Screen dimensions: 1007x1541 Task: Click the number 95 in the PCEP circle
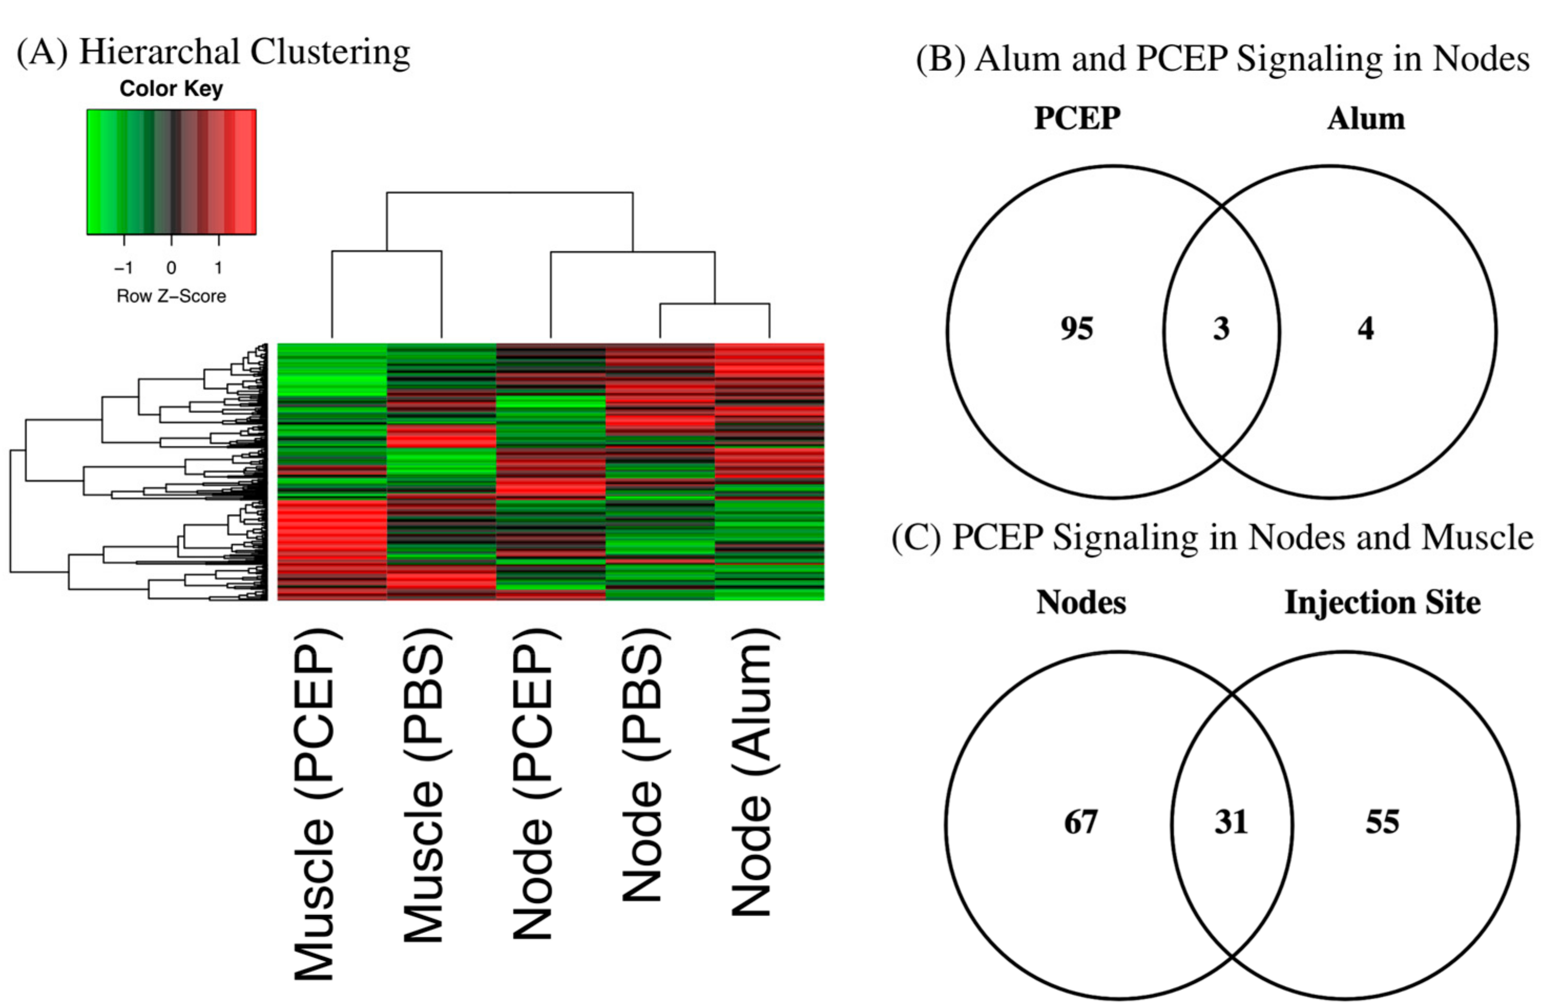coord(1076,329)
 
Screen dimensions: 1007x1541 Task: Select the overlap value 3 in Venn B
coord(1221,329)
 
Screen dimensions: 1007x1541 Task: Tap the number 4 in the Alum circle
coord(1366,329)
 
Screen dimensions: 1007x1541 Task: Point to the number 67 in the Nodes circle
coord(1080,822)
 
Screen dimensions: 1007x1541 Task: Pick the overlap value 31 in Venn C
coord(1231,822)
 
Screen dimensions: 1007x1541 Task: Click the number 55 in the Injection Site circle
coord(1382,822)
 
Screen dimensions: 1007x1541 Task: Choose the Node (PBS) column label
coord(642,764)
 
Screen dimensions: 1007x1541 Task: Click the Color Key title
coord(171,89)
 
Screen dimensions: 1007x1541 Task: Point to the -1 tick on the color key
coord(123,267)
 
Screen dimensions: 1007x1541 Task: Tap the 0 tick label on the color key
coord(171,267)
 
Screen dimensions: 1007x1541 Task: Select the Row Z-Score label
coord(171,297)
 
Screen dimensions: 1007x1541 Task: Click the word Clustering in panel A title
coord(330,52)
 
